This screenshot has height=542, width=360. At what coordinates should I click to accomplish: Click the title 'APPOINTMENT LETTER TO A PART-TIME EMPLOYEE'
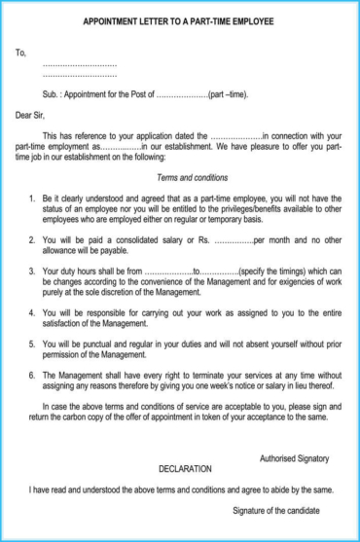[178, 20]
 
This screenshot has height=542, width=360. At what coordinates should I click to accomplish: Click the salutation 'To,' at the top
[20, 52]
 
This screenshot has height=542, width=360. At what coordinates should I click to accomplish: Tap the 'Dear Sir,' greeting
[32, 114]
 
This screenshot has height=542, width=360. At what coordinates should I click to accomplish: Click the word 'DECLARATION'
[185, 468]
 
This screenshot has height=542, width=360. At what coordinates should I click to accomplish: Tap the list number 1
[32, 198]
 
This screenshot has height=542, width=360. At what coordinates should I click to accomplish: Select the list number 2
[32, 238]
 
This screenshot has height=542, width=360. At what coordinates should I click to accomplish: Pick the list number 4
[32, 312]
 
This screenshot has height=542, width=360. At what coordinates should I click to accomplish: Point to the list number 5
[32, 343]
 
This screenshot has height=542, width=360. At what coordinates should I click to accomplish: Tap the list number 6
[32, 374]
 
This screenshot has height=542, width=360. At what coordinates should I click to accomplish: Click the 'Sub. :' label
[55, 94]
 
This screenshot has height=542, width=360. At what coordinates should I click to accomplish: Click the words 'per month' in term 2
[275, 238]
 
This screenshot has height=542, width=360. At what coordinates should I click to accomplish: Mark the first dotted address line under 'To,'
[80, 63]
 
